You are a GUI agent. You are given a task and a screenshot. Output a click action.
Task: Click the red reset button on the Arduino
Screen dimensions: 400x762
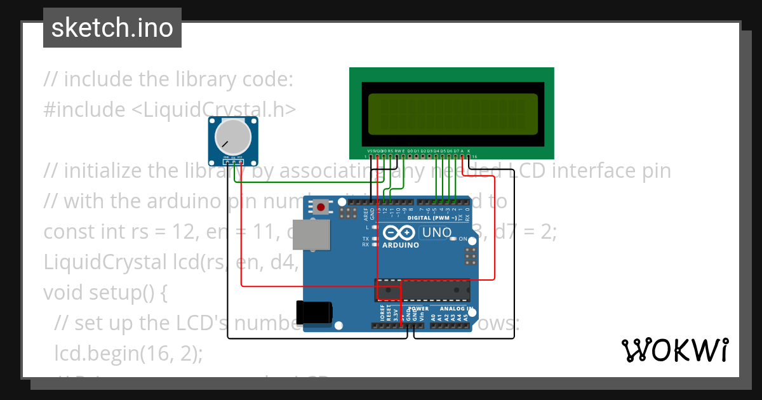click(321, 206)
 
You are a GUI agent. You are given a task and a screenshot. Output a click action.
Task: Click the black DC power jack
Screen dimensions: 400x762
click(314, 312)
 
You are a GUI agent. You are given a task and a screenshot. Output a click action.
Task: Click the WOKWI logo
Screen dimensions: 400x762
click(674, 350)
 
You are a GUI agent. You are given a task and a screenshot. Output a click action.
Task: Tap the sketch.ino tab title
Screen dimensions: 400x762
click(112, 28)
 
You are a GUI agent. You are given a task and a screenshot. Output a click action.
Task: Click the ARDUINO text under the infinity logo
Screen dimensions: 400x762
click(401, 245)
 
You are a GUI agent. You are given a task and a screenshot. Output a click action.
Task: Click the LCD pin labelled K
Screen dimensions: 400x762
click(469, 151)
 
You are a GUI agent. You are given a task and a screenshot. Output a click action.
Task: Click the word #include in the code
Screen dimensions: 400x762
click(84, 110)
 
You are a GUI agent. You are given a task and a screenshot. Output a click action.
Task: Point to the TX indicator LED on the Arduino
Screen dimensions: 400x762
click(375, 239)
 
